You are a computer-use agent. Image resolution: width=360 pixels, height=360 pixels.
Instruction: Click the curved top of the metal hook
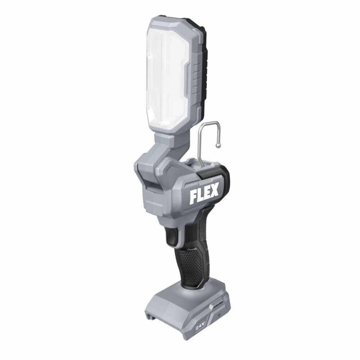(207, 123)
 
